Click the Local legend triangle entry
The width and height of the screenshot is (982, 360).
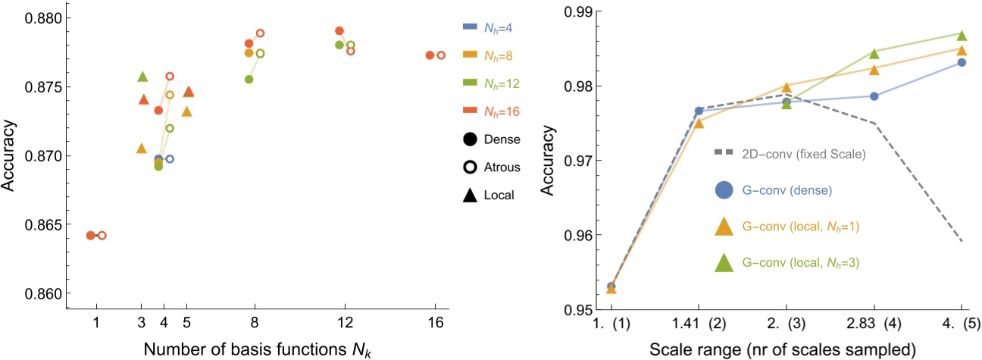[x=490, y=195]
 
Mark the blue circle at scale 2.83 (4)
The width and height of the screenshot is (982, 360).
[x=874, y=96]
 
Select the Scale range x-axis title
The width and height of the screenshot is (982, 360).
[x=785, y=349]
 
